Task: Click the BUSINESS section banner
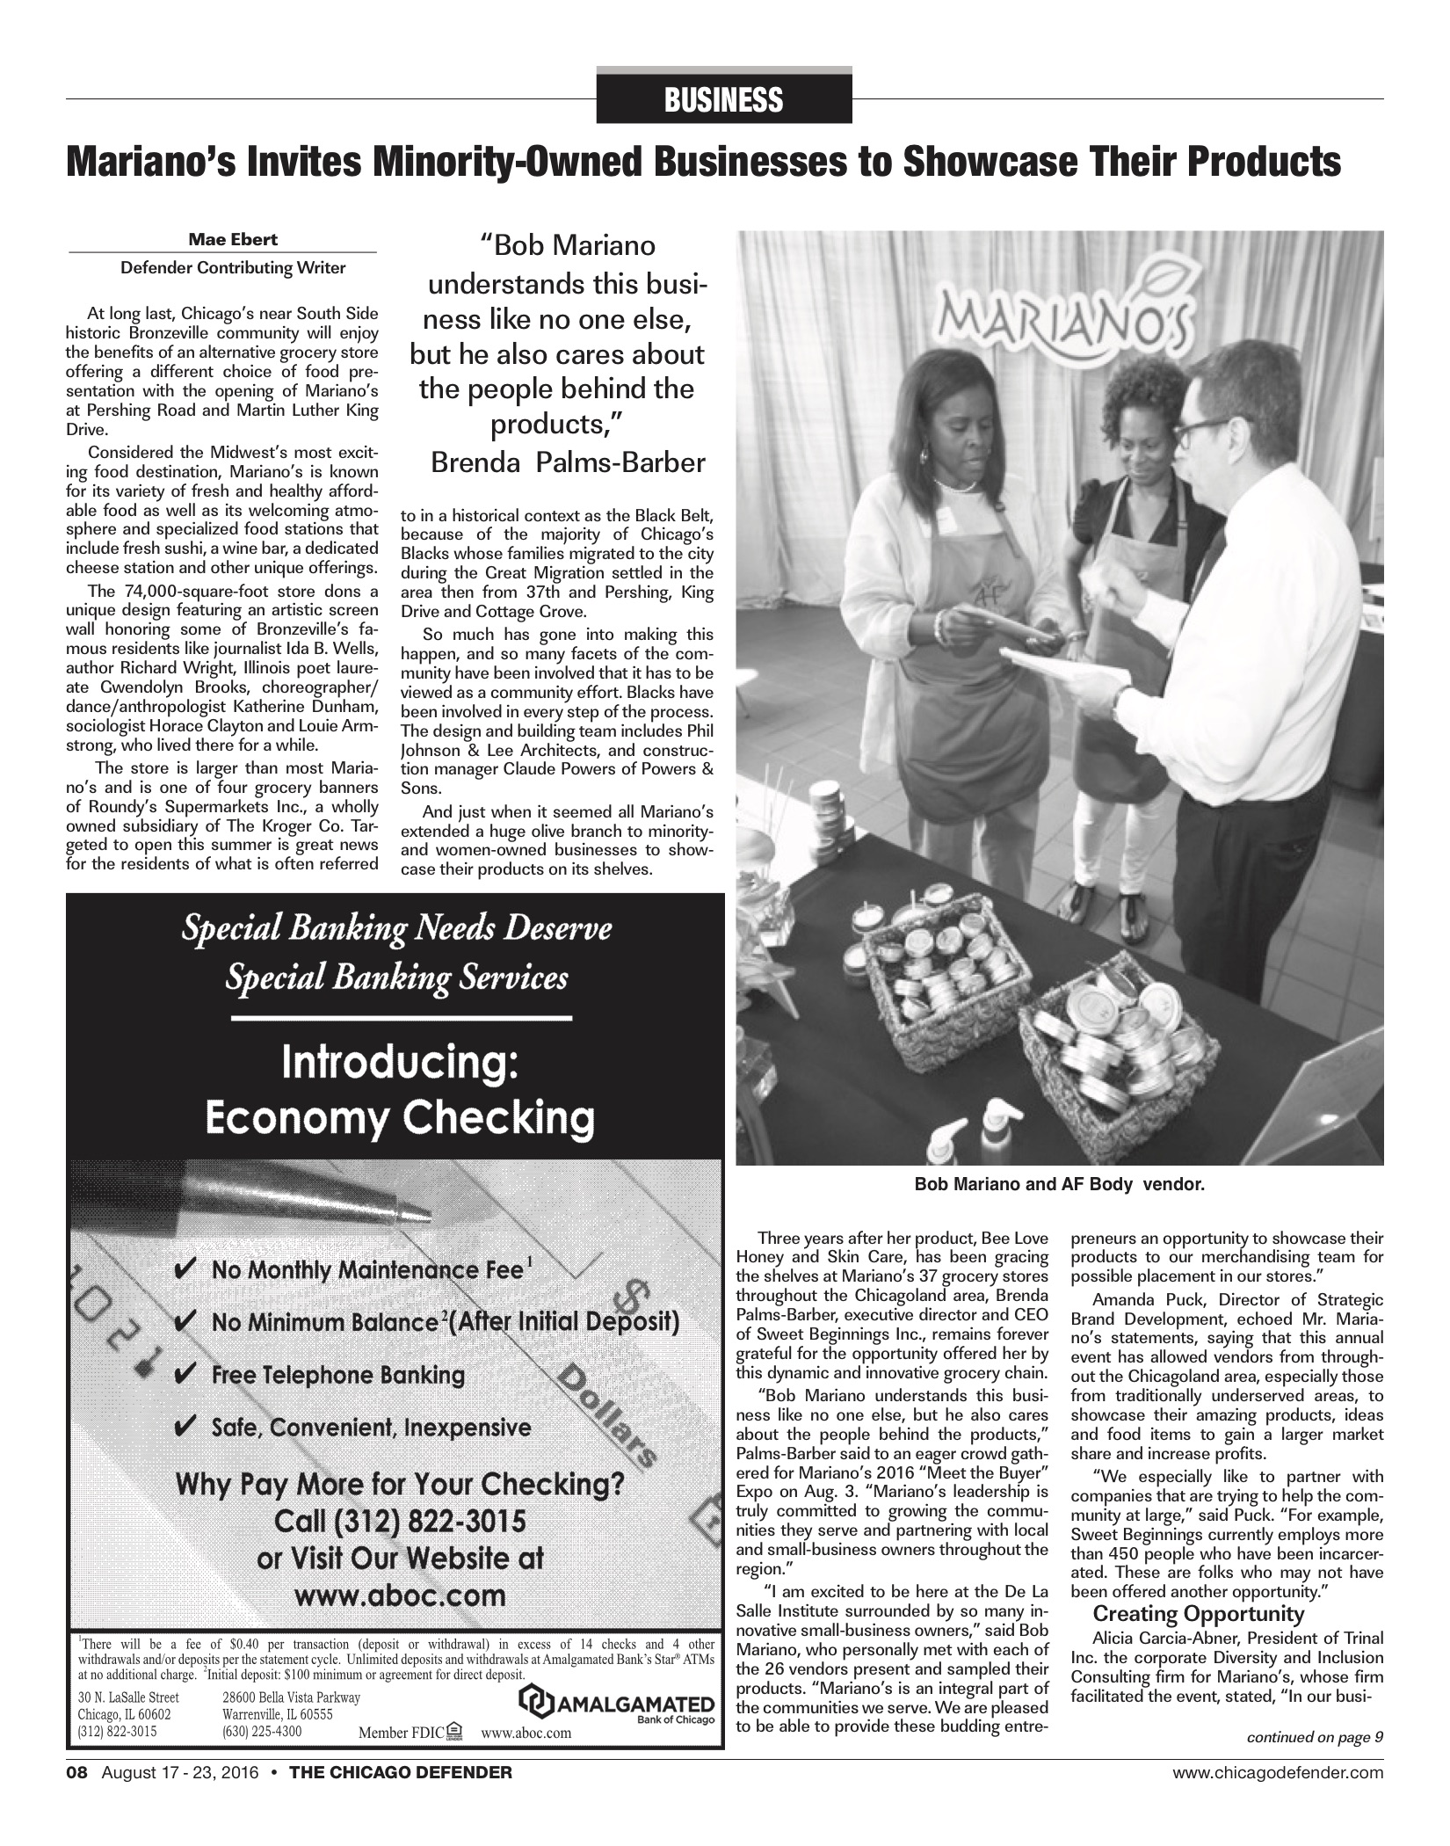(723, 100)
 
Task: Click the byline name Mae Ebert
(222, 239)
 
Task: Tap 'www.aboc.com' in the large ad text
(400, 1595)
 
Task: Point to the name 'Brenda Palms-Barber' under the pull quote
(568, 462)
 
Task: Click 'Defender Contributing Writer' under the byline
(233, 268)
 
